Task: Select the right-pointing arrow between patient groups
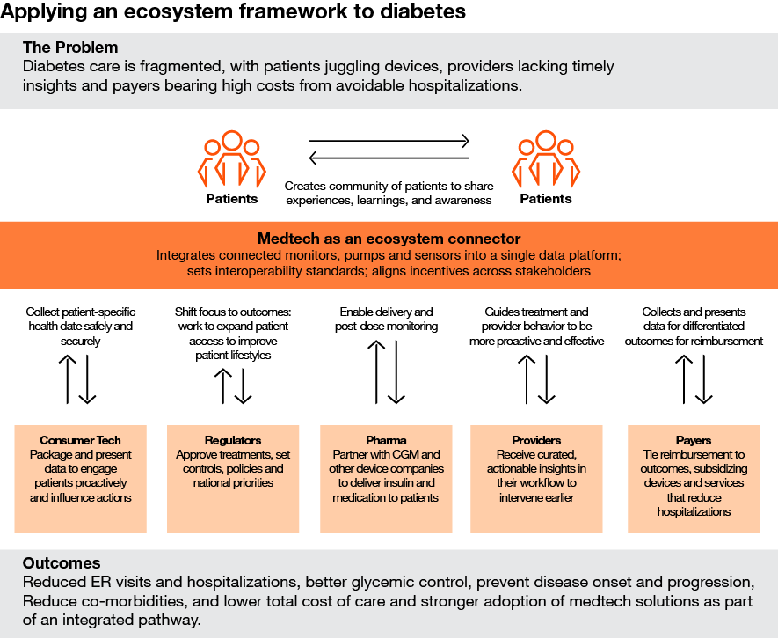tap(389, 140)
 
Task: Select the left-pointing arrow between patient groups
tap(389, 158)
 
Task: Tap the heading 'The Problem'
tap(70, 48)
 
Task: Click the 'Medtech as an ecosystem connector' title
tap(389, 239)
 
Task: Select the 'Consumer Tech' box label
tap(80, 440)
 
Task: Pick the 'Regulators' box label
tap(233, 440)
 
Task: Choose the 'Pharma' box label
tap(386, 440)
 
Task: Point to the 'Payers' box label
tap(694, 440)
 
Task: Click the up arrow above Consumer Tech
tap(68, 379)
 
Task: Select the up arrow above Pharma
tap(375, 372)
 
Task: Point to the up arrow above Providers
tap(526, 379)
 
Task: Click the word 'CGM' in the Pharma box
tap(425, 454)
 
